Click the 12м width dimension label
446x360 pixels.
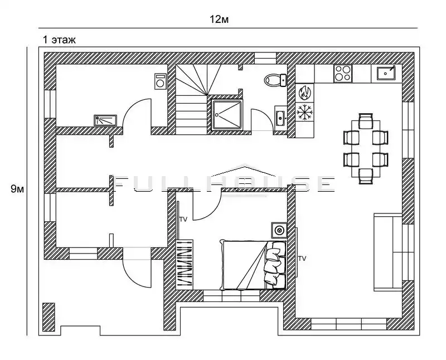point(219,20)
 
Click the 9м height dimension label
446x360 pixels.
point(17,189)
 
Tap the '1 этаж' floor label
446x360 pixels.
point(59,40)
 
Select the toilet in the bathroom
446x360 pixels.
point(275,80)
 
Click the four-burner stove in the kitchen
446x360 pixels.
point(343,74)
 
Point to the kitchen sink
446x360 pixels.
point(386,74)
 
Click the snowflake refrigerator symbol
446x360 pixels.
point(304,112)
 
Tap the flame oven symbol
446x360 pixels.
point(304,93)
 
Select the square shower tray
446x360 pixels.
point(227,115)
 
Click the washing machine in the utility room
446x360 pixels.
point(161,81)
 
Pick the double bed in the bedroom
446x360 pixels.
point(253,265)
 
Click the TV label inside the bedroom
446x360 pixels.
point(183,220)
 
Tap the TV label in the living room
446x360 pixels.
point(302,259)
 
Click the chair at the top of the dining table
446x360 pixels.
point(366,121)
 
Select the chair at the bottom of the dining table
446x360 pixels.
point(366,176)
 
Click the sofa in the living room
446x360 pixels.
point(388,252)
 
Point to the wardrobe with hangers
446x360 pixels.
point(185,263)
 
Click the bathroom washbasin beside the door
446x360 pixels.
point(280,116)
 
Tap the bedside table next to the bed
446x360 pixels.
point(279,230)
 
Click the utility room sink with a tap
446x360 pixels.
point(105,120)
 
